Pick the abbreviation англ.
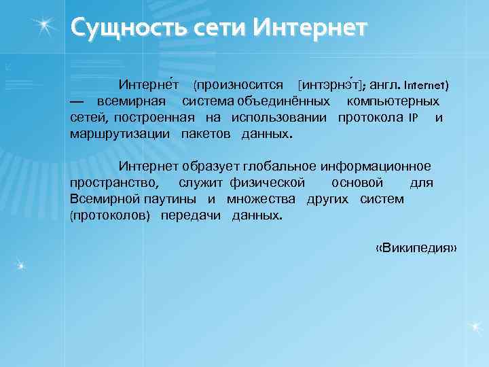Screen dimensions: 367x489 coord(385,86)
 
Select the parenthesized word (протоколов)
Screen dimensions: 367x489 coord(110,215)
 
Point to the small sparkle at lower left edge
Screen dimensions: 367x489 coord(20,264)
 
